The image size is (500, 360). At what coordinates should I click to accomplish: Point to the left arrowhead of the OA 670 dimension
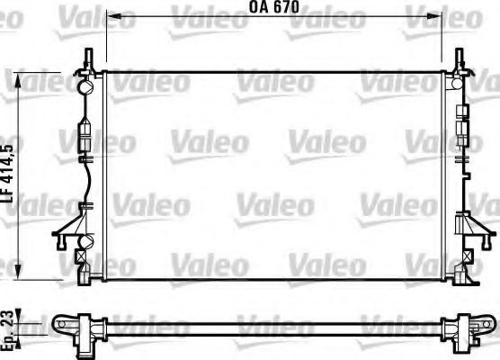point(110,16)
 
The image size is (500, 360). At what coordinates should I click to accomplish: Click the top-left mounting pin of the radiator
point(88,59)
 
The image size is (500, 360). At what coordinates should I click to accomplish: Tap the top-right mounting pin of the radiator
point(460,59)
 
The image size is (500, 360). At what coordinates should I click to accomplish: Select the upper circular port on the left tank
point(86,88)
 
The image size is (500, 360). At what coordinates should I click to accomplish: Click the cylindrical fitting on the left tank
point(85,135)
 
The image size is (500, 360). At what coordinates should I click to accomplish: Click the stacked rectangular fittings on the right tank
point(461,121)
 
